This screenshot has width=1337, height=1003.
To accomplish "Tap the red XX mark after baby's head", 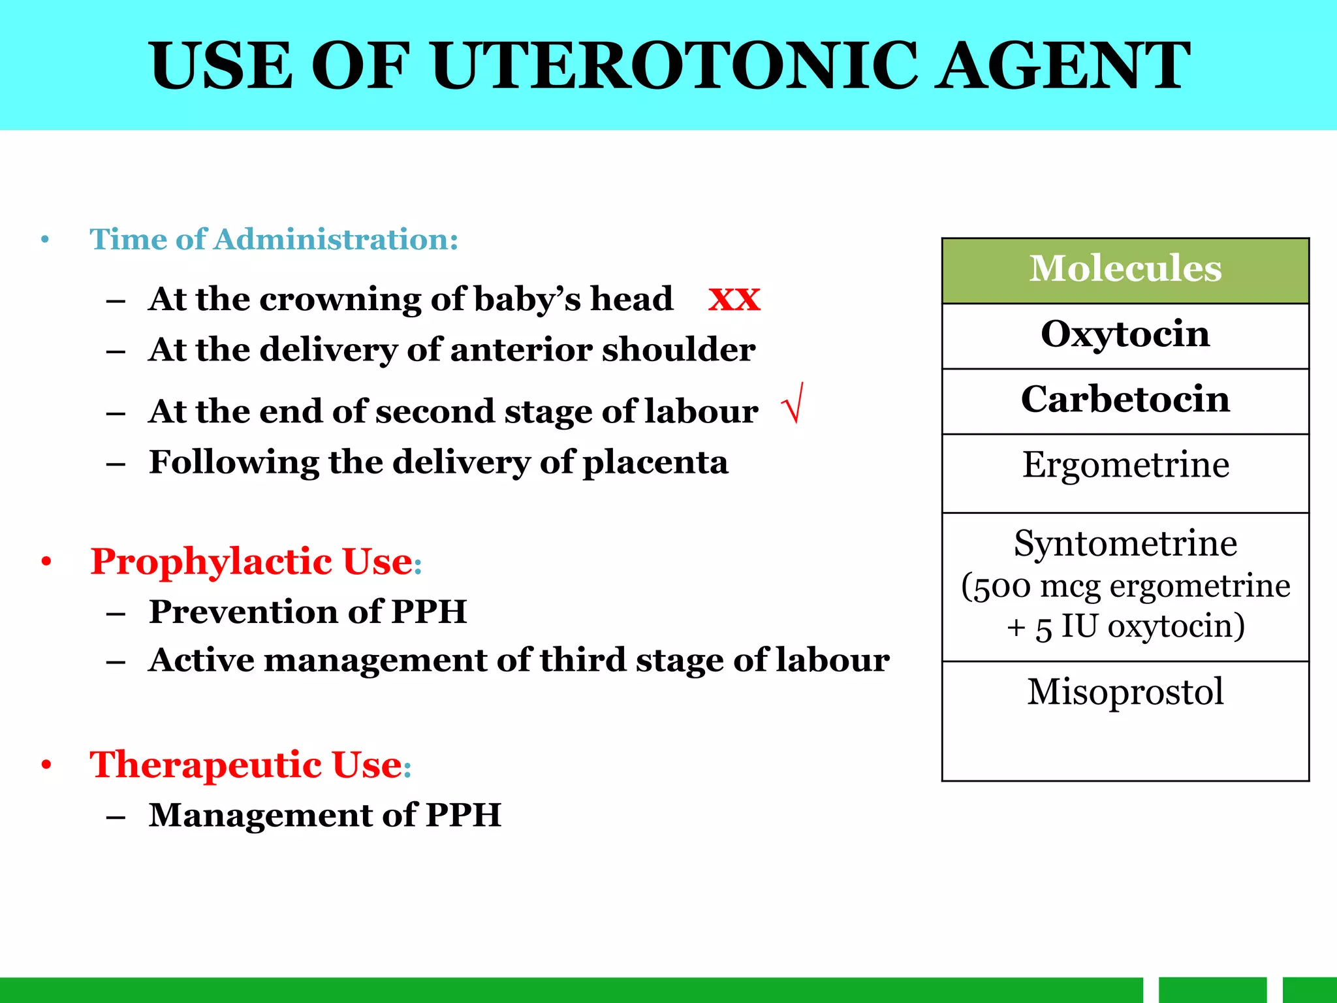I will (734, 300).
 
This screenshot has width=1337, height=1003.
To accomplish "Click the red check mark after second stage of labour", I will (793, 404).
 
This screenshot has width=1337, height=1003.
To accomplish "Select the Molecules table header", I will (1125, 269).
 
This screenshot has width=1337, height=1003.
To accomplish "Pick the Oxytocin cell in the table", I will (1125, 334).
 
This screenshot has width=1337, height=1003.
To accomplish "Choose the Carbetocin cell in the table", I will (1125, 400).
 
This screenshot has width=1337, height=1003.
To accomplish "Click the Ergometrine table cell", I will (1125, 466).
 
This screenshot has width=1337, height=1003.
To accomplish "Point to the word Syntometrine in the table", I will (1125, 544).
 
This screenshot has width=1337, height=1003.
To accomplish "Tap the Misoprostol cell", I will (1125, 692).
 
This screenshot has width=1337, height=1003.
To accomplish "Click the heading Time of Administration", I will (274, 240).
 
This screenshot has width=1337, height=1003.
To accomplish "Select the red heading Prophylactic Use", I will (251, 562).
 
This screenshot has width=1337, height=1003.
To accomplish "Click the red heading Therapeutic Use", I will (246, 765).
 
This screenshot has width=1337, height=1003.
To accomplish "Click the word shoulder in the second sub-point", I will (678, 350).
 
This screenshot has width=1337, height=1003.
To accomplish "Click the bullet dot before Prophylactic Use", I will (46, 562).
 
